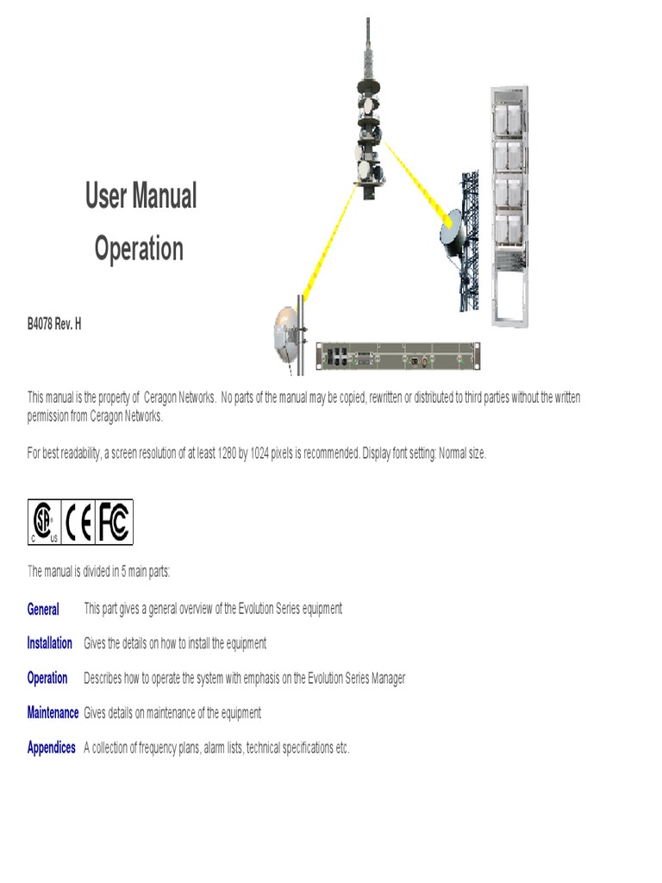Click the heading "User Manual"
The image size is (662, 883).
pyautogui.click(x=141, y=196)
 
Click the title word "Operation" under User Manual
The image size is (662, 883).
pyautogui.click(x=139, y=249)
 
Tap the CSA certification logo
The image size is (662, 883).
pyautogui.click(x=44, y=522)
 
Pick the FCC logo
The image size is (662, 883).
pyautogui.click(x=114, y=522)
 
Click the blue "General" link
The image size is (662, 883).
pyautogui.click(x=43, y=610)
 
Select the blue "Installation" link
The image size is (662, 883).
pyautogui.click(x=49, y=644)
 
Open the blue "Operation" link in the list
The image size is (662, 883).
pyautogui.click(x=47, y=679)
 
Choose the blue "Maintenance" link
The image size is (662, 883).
pyautogui.click(x=53, y=713)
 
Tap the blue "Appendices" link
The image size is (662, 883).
pyautogui.click(x=51, y=748)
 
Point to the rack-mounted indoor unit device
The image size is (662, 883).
pyautogui.click(x=397, y=355)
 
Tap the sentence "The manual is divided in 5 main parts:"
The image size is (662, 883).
pyautogui.click(x=99, y=572)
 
